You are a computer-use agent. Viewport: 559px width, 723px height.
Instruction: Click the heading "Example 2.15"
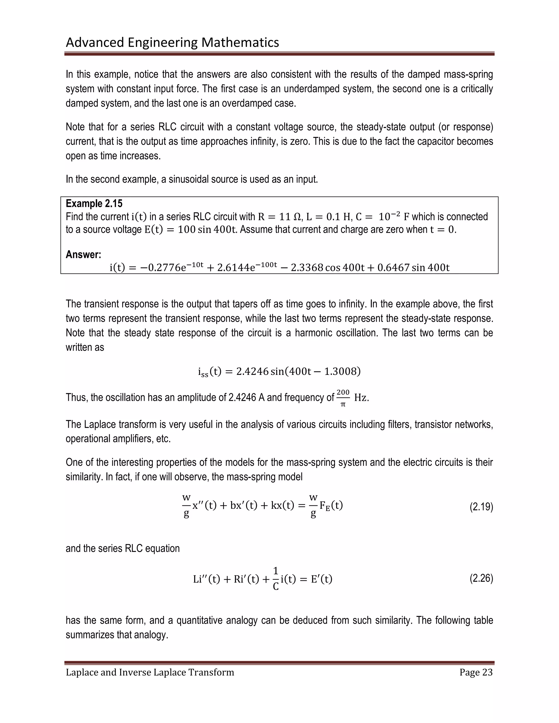click(94, 203)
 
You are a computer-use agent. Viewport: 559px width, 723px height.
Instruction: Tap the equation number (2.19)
click(481, 507)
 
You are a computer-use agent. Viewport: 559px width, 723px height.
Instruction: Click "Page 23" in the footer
click(476, 672)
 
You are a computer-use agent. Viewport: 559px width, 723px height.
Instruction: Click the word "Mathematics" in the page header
click(240, 42)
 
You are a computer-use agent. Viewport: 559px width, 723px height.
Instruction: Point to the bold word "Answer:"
click(84, 254)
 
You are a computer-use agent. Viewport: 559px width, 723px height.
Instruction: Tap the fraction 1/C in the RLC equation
click(275, 579)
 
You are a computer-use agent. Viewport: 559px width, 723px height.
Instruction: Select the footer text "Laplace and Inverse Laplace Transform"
click(150, 672)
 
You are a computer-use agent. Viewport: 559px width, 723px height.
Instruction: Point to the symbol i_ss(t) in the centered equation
click(209, 372)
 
